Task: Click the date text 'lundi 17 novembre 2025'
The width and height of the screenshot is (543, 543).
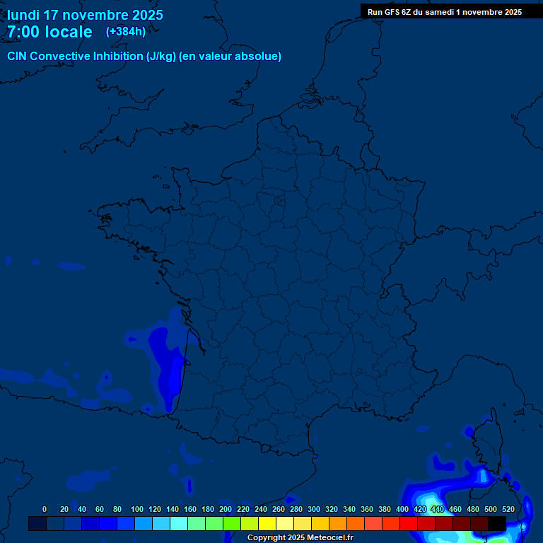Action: (x=85, y=15)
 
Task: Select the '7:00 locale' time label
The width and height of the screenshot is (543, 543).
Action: (x=49, y=32)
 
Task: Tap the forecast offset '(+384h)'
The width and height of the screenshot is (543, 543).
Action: (x=126, y=32)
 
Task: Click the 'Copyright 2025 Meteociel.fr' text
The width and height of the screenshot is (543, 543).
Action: (x=300, y=538)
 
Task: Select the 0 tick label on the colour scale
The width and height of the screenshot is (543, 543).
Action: (x=45, y=509)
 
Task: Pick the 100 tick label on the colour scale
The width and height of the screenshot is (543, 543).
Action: (x=137, y=509)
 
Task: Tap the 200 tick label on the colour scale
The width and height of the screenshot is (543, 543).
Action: (x=226, y=509)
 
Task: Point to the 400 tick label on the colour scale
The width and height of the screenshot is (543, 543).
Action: (x=402, y=509)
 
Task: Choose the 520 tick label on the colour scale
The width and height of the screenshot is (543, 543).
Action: (x=508, y=509)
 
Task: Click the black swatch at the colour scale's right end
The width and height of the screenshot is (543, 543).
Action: (x=497, y=523)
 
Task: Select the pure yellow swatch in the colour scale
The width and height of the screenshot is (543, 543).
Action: (x=267, y=523)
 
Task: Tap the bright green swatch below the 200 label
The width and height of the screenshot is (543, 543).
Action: (x=232, y=523)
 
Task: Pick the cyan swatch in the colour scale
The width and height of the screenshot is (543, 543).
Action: (x=179, y=523)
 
